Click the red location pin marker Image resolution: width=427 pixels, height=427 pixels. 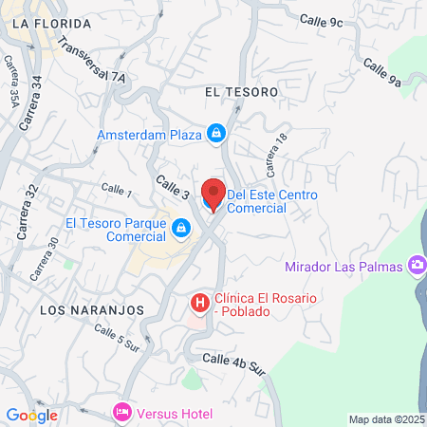point(214,194)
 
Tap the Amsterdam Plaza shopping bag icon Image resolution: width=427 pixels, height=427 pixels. point(216,135)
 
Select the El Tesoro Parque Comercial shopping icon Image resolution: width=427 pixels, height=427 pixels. point(182,229)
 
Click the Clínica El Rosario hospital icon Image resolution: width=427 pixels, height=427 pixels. point(199,303)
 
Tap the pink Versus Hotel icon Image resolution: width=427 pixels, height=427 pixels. point(121,412)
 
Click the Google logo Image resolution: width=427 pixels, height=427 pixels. point(31,415)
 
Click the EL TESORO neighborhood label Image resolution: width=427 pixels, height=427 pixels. point(241,92)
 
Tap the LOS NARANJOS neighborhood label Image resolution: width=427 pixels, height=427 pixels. point(91,310)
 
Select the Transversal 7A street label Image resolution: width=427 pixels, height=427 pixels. point(91,59)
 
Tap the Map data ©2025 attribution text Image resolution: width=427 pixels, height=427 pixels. point(386,418)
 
